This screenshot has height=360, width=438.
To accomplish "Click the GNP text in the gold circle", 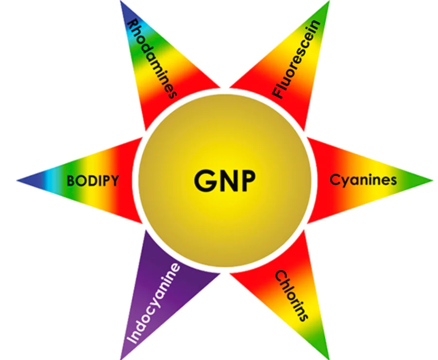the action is pos(224,180).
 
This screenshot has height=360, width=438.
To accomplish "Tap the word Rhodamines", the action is pos(152,59).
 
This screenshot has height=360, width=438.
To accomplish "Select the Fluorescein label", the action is pos(297,59).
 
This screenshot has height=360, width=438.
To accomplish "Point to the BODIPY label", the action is pos(93,181).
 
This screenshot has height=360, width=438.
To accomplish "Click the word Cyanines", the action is pos(363,180).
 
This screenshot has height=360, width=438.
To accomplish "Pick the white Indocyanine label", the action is pos(153,303).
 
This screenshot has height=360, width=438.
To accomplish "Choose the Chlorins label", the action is pos(292,295).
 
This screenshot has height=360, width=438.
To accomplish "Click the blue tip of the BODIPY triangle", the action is pos(18,181).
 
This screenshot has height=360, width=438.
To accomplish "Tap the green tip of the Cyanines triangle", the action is pos(433,180).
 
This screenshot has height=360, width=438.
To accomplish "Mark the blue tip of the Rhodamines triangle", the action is pos(121,1).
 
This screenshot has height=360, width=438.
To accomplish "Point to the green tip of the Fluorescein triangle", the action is pos(329,1).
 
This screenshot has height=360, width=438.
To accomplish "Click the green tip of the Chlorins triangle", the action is pos(328,359).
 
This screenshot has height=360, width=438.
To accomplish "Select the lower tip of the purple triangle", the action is pos(121,359).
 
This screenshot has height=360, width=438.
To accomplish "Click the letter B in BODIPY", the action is pos(71,181).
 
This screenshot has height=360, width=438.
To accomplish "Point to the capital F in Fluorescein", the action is pos(278,92).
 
